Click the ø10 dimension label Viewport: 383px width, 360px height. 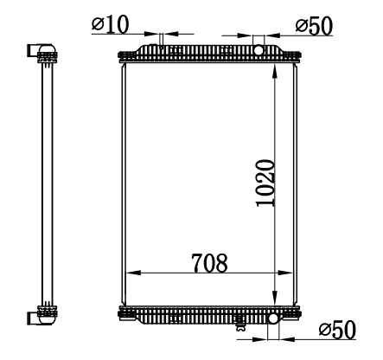[x=111, y=24]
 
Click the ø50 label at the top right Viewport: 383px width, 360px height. [x=314, y=27]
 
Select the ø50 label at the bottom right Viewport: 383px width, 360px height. [x=337, y=330]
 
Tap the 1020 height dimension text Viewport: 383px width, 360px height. [x=265, y=183]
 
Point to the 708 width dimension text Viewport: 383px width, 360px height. [x=209, y=263]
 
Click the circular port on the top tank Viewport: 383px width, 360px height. [x=259, y=50]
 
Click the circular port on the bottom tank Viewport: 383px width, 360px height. [x=273, y=318]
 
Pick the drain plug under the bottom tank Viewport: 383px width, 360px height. [x=240, y=326]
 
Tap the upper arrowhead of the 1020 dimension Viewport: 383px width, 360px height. [x=275, y=71]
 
